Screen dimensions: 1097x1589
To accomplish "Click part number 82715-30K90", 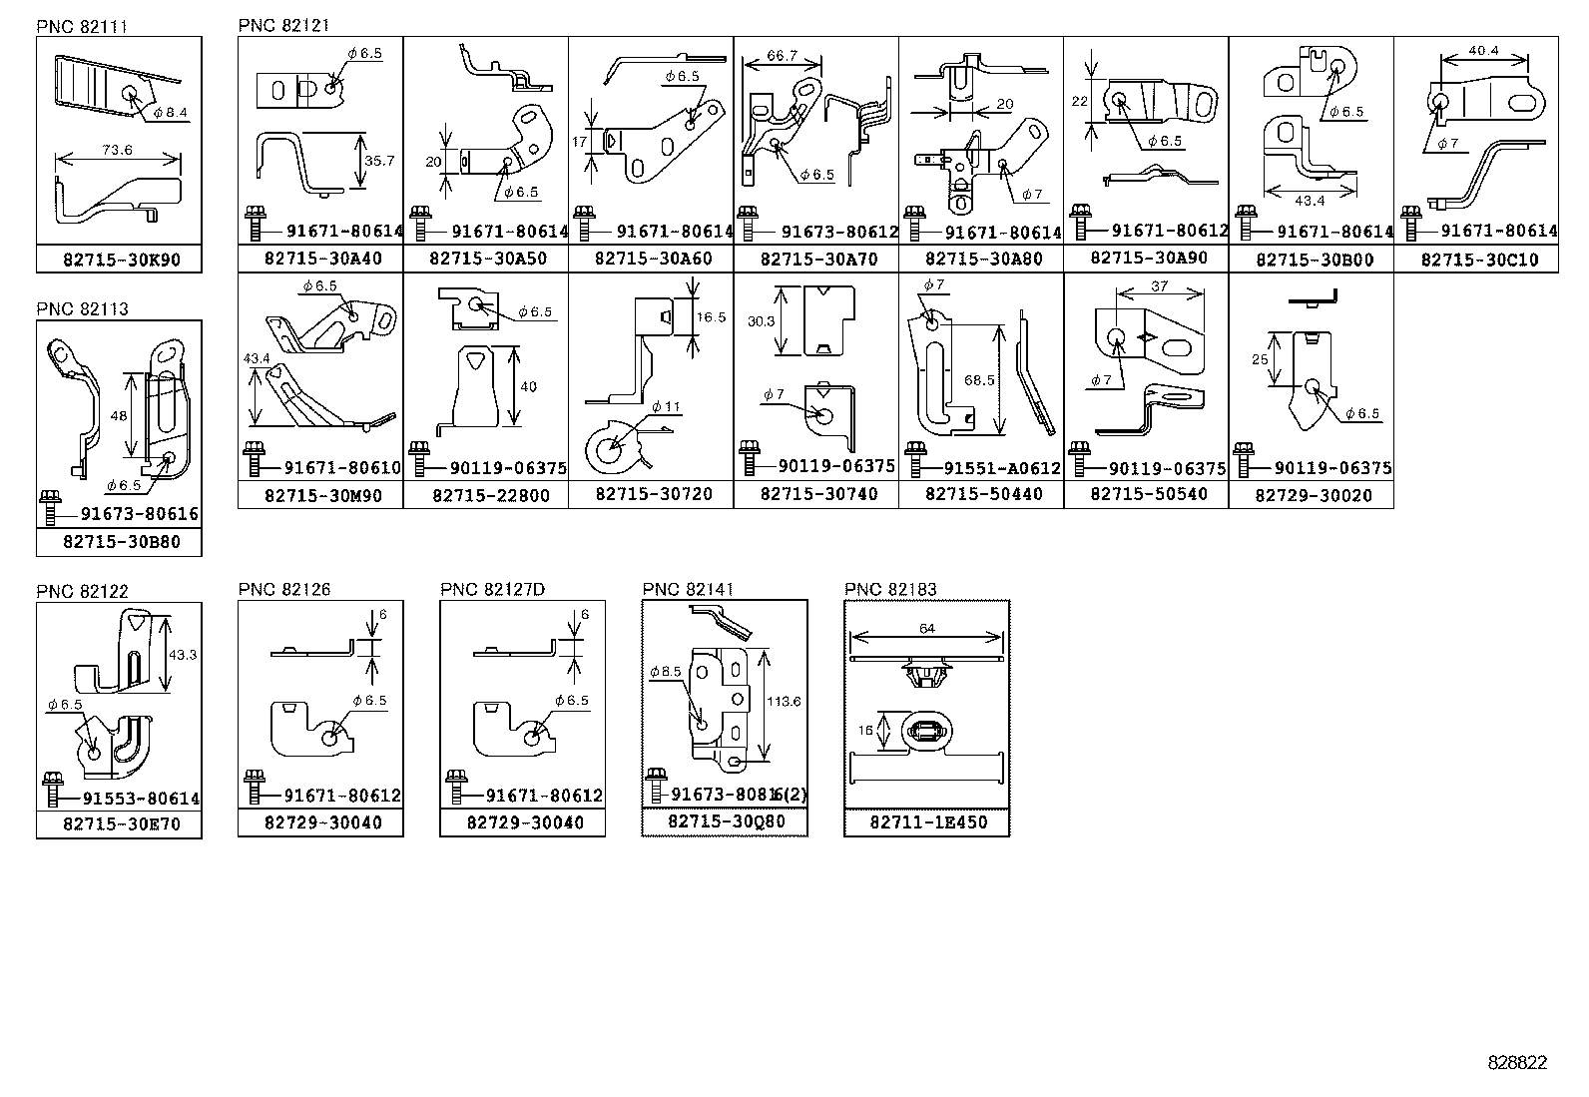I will (121, 260).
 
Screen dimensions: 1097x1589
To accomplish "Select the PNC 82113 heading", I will (82, 309).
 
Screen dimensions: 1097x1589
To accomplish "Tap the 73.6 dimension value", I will (117, 150).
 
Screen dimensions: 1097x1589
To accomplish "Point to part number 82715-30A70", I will (818, 259).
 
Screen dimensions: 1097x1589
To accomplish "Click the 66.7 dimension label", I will (783, 56).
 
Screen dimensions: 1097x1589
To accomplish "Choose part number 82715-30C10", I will (1479, 260).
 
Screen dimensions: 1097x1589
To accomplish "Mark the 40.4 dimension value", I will (1483, 51).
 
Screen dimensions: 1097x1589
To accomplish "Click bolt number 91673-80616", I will (140, 514).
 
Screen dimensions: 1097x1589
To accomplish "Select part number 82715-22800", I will (490, 495).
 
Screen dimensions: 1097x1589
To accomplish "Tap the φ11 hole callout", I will (666, 406).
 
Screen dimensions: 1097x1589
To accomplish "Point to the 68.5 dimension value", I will (980, 380).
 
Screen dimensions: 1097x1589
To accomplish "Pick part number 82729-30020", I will (1314, 495).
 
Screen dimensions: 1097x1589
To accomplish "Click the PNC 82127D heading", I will (492, 590).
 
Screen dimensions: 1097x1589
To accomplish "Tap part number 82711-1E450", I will (928, 823).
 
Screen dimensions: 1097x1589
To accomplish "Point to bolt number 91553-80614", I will (141, 799).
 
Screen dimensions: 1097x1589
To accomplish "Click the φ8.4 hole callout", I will (171, 114).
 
